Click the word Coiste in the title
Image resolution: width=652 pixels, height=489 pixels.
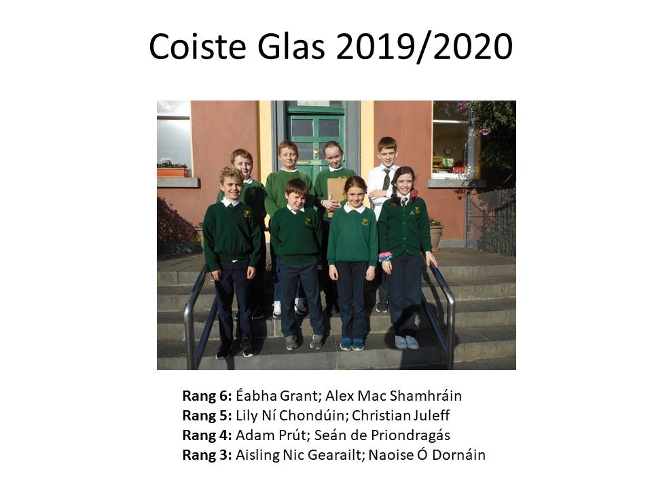pos(198,46)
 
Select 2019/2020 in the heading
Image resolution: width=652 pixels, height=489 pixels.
pos(424,47)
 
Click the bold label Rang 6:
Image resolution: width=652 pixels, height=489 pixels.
pos(207,396)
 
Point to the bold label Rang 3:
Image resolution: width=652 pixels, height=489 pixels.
pos(207,455)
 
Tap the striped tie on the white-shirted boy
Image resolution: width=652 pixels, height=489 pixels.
pos(386,179)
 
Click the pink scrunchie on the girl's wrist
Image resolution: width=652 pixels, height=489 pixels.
pos(385,256)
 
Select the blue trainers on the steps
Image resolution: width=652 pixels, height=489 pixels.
pos(352,344)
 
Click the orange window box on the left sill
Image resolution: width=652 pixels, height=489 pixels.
pos(173,172)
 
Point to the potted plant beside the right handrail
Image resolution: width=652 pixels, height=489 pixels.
pos(435,234)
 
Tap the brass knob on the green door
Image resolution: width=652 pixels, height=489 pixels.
pos(316,153)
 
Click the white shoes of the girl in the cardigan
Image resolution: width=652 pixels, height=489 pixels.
pos(406,342)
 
